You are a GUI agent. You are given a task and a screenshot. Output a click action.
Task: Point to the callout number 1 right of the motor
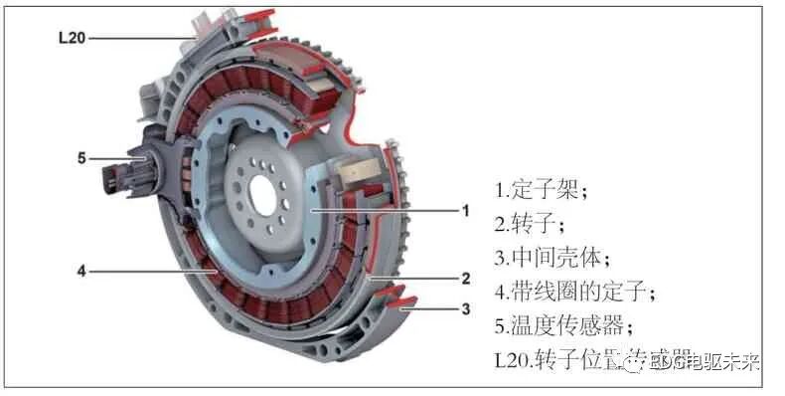464,211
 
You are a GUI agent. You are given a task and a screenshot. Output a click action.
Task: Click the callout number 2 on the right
464,279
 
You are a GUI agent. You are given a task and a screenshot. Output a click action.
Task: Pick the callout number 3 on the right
464,309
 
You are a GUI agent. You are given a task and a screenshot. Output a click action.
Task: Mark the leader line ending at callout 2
417,279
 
